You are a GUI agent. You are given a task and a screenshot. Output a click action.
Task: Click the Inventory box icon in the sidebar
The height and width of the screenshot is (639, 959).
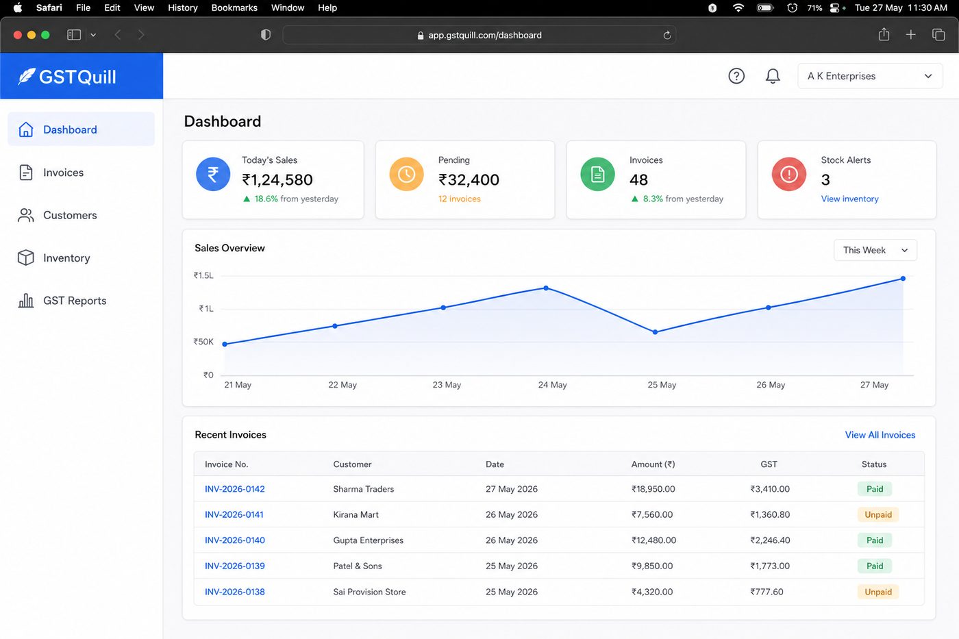[x=26, y=258]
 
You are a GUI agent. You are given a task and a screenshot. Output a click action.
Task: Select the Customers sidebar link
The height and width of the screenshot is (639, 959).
[x=70, y=215]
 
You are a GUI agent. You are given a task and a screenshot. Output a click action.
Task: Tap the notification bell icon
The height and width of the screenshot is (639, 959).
[x=773, y=76]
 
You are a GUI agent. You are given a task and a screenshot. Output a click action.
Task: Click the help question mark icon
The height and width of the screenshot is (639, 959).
[x=736, y=76]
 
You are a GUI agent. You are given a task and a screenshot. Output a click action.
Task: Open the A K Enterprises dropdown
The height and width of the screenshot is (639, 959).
[x=870, y=76]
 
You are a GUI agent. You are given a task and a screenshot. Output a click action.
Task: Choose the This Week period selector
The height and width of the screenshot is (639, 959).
[x=875, y=250]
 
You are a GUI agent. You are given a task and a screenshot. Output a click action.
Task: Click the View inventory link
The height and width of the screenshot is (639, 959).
[x=849, y=199]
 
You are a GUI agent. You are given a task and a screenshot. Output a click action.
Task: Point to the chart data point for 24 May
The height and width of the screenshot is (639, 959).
[x=546, y=288]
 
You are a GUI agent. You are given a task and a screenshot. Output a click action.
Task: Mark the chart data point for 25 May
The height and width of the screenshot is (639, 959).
[x=655, y=331]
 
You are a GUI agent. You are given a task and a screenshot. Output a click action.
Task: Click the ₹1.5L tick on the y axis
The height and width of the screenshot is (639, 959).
[x=203, y=275]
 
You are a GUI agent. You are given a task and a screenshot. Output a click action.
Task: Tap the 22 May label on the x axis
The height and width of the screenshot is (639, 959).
[x=342, y=385]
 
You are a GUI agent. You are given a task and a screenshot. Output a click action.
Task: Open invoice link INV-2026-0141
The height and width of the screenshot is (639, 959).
[x=234, y=514]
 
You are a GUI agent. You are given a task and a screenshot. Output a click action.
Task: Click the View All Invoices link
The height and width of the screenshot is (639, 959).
[x=880, y=435]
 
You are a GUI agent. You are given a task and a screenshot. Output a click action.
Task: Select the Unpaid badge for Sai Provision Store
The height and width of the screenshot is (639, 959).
[x=878, y=592]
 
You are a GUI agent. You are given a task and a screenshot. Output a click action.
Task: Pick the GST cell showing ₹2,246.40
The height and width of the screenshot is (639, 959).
[x=770, y=540]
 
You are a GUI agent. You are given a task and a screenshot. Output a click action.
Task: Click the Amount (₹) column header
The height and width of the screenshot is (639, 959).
[x=653, y=464]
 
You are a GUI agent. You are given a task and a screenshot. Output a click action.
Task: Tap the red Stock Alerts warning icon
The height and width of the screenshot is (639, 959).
[x=788, y=174]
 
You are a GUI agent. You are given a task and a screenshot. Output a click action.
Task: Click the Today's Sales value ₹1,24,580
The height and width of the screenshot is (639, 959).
[x=277, y=179]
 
